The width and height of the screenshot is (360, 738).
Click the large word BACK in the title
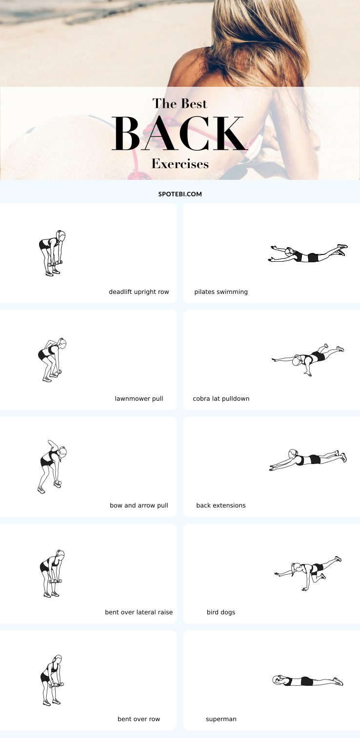(x=180, y=133)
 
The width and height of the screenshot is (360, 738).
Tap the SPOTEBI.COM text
(x=180, y=194)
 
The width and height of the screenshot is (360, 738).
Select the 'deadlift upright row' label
(x=139, y=292)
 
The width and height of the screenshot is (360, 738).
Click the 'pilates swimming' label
(x=221, y=292)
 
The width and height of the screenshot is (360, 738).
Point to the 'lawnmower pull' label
(x=139, y=399)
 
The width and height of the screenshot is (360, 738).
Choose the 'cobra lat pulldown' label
(x=221, y=399)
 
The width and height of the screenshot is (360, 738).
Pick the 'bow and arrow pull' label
(x=139, y=505)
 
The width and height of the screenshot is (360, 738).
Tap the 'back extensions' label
(x=221, y=505)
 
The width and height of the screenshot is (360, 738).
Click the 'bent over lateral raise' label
(x=139, y=612)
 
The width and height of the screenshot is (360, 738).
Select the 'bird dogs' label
(x=221, y=612)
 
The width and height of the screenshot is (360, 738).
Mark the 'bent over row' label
(x=139, y=719)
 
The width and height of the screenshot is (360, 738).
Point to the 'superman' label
(x=221, y=719)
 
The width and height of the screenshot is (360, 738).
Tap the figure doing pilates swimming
(x=308, y=253)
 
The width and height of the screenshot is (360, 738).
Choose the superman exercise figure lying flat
(x=308, y=681)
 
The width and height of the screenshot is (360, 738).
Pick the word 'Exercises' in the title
(x=180, y=164)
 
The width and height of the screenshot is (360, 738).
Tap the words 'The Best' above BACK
(x=180, y=104)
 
